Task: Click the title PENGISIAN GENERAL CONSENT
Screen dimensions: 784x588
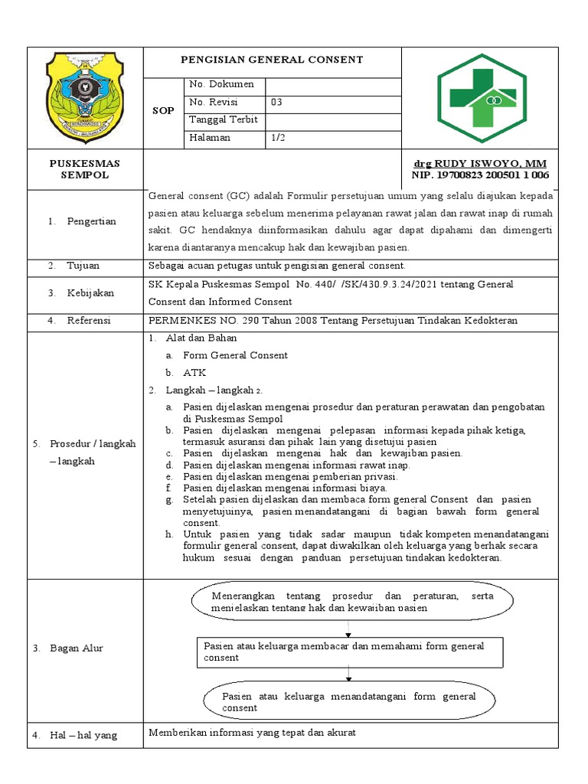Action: (x=272, y=60)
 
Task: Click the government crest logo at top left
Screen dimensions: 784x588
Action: (x=84, y=97)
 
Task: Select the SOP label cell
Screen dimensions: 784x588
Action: (x=163, y=111)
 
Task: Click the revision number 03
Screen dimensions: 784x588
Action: (x=276, y=102)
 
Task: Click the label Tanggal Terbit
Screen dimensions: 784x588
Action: (x=223, y=120)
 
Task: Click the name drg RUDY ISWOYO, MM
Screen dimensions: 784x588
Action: (x=480, y=164)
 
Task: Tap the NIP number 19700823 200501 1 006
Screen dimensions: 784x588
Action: (x=480, y=175)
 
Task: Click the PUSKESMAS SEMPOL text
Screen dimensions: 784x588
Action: (x=85, y=169)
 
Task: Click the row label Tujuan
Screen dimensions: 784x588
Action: (x=83, y=266)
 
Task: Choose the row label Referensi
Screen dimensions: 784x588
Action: (x=89, y=320)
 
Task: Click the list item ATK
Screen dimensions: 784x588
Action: (x=191, y=373)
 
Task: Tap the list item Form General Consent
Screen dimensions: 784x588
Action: (x=235, y=355)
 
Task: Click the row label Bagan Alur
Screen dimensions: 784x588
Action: (x=77, y=648)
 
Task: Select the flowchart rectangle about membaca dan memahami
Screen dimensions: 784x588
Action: (x=350, y=652)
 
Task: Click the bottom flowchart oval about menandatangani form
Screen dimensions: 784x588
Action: (x=349, y=701)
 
